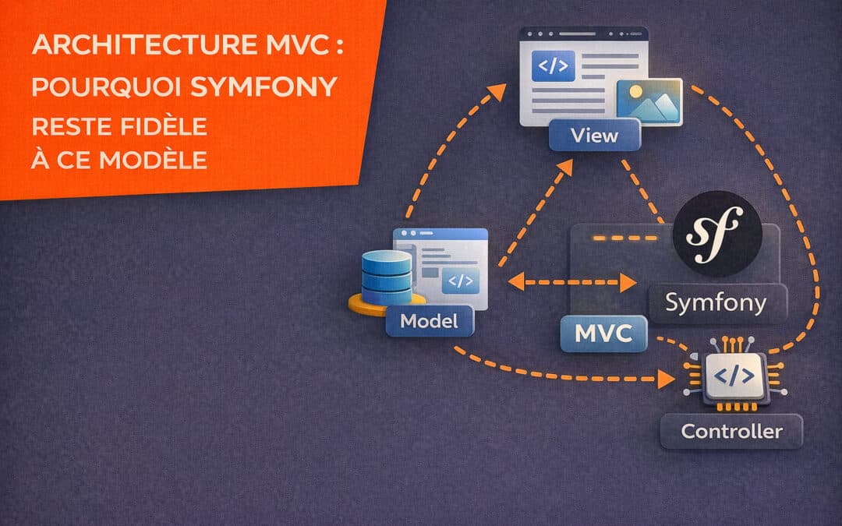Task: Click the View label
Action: tap(594, 136)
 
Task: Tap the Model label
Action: tap(428, 320)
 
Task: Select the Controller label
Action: tap(731, 430)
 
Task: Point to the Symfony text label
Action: tap(715, 302)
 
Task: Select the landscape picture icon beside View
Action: tap(649, 101)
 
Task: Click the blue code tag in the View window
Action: tap(553, 66)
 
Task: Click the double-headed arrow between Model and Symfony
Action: tap(571, 282)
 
